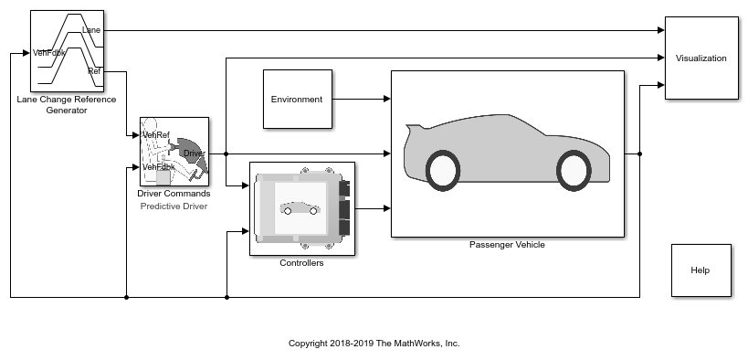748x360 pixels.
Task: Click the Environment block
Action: coord(298,100)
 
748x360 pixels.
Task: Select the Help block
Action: coord(701,270)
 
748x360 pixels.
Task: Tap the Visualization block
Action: coord(701,58)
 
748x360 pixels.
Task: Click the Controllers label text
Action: coord(301,263)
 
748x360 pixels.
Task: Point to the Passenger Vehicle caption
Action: coord(507,245)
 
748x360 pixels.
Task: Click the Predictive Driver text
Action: coord(174,206)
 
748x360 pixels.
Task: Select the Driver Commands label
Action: coord(174,194)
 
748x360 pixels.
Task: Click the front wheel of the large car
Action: coord(574,171)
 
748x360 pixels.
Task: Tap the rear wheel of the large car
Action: coord(443,171)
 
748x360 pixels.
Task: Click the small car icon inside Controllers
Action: coord(300,208)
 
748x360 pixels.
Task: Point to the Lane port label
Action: coord(91,30)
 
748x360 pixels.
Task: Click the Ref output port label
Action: coord(94,71)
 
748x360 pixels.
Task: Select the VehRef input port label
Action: coord(156,135)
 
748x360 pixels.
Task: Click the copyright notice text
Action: coord(374,344)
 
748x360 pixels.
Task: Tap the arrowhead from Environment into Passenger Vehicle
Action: coord(387,99)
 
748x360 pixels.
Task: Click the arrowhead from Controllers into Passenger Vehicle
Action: coord(387,208)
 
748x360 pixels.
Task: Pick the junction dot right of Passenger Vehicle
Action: coord(639,154)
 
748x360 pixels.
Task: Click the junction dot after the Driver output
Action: coord(227,154)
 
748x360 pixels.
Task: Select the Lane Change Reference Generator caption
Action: coord(67,105)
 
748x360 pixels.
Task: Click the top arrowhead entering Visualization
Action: coord(660,30)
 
